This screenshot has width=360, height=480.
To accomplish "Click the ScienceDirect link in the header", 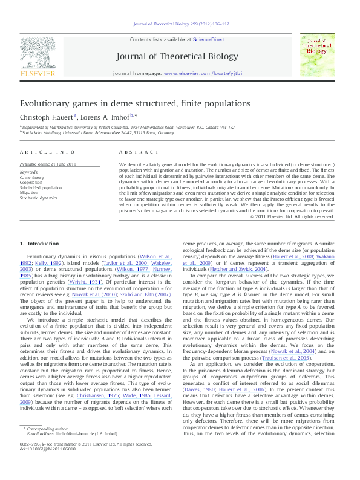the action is coord(209,39).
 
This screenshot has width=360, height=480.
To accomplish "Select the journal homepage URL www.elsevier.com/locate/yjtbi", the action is coord(203,73).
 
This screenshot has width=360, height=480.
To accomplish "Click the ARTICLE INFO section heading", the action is coord(47,152).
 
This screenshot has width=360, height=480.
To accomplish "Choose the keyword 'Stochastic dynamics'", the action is coord(40,198).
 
